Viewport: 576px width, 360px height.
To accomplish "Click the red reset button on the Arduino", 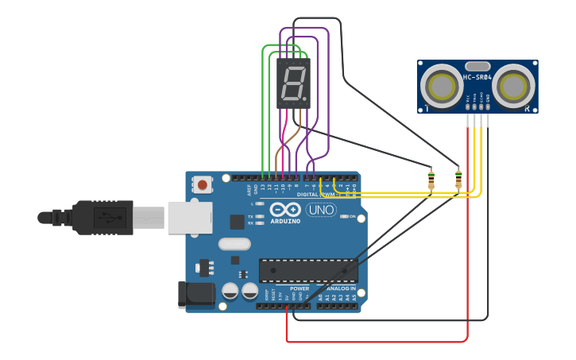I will click(x=203, y=185).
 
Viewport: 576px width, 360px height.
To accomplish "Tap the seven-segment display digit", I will click(x=293, y=83).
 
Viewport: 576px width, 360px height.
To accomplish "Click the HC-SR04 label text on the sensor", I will click(x=477, y=77).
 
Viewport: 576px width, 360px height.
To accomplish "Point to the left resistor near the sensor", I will click(x=431, y=180).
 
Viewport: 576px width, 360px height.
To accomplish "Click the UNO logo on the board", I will click(x=322, y=210).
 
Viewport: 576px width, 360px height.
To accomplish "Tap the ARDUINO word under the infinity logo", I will click(x=285, y=221).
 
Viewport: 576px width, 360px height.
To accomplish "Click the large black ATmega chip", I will click(x=308, y=270).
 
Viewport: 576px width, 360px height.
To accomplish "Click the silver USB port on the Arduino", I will click(x=189, y=217).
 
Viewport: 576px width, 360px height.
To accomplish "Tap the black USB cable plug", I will click(x=103, y=217).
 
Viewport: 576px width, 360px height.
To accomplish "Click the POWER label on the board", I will click(x=300, y=288).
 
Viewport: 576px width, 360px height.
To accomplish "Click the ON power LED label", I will click(x=353, y=216).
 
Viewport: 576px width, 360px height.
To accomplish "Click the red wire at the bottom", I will click(x=373, y=342).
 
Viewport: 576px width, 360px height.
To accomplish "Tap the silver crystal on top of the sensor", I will click(x=477, y=66).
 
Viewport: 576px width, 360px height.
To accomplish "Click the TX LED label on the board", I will click(x=250, y=216).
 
